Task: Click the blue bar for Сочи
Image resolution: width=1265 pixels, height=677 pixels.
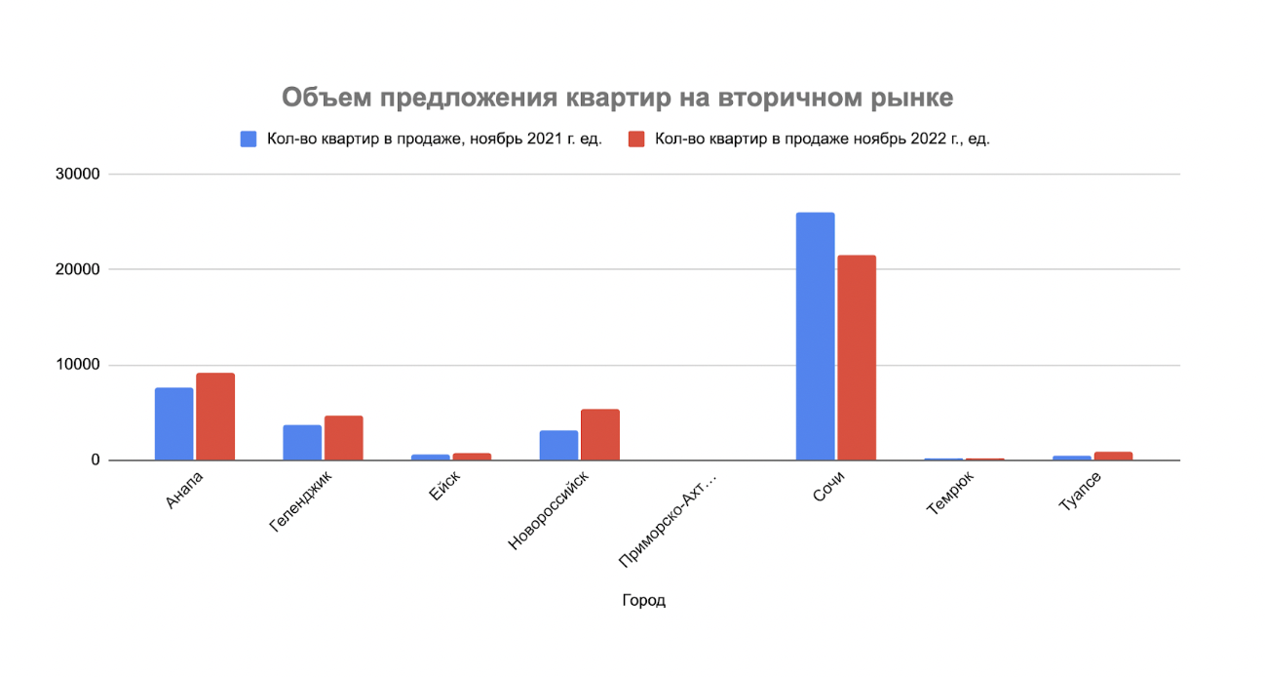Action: point(815,337)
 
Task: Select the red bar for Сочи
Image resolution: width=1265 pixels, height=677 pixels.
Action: point(857,358)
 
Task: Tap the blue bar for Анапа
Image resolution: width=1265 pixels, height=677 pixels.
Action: point(173,424)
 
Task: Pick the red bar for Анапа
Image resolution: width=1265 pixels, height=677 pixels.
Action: point(215,417)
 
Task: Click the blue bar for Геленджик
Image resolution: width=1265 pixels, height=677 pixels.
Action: point(302,443)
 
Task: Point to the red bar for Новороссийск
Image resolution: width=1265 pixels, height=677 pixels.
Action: point(600,435)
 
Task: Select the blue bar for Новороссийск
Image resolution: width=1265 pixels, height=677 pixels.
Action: point(558,446)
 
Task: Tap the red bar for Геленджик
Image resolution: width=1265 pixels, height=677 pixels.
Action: point(344,438)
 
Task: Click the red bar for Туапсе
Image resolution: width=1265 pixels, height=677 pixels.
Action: point(1113,456)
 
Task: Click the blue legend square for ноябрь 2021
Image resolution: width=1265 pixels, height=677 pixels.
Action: point(249,139)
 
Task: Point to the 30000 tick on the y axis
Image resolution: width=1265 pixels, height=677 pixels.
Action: point(77,175)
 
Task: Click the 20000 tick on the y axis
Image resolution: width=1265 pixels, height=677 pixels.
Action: point(77,269)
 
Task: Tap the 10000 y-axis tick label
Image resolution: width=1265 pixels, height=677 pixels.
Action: point(77,365)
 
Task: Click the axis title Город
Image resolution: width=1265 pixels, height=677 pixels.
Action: point(643,601)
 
